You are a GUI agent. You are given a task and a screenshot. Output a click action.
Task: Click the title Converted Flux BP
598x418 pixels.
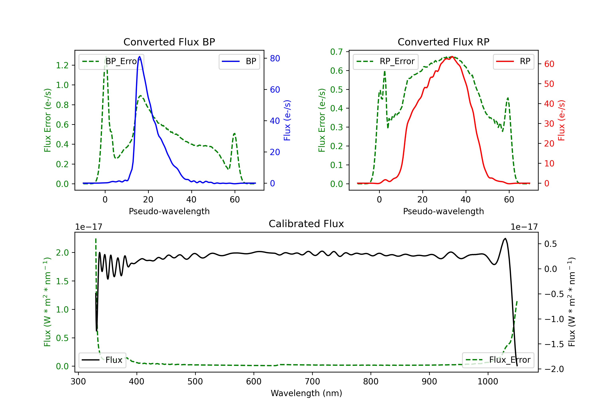[169, 42]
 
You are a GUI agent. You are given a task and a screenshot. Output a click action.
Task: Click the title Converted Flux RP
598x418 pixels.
[443, 42]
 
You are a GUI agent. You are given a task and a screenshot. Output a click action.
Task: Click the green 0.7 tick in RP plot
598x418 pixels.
[336, 52]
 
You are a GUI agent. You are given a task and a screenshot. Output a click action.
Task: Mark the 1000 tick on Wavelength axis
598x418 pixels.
[488, 381]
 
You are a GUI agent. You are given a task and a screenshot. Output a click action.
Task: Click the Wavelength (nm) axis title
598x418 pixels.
[306, 393]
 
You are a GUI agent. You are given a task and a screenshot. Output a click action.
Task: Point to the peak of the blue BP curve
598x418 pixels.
[140, 57]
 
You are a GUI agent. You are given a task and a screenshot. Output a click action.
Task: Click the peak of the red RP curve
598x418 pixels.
[452, 57]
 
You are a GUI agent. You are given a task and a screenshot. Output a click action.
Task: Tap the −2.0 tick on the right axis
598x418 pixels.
[554, 369]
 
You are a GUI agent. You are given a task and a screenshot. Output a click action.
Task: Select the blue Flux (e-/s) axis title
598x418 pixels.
[287, 120]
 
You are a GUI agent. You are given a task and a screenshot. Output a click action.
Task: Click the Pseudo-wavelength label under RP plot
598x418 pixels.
[443, 211]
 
